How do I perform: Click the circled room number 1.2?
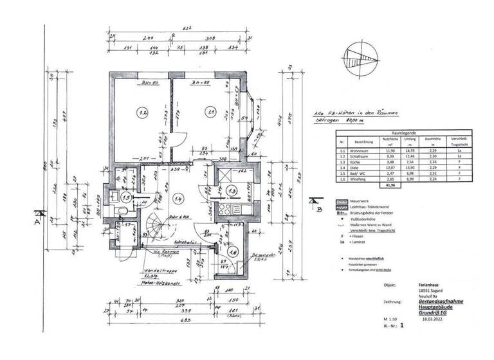point(142,113)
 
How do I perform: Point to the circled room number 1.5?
point(127,197)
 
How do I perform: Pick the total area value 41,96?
point(390,185)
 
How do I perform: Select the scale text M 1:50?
point(390,319)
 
